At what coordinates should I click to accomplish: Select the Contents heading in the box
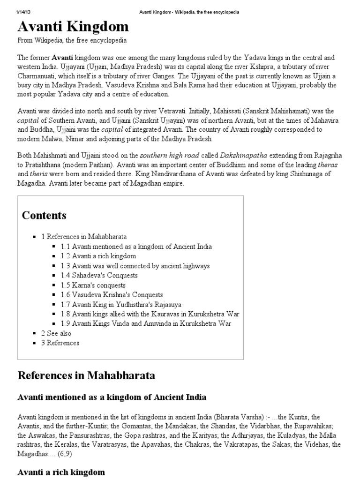coord(44,216)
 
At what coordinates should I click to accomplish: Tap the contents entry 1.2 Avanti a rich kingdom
coord(98,256)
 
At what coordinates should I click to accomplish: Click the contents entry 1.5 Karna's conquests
coord(93,285)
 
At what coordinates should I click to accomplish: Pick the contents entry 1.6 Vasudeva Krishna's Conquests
coord(112,295)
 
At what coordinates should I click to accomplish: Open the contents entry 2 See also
coord(57,333)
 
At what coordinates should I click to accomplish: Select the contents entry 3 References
coord(60,343)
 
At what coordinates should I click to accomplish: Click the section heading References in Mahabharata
coord(86,375)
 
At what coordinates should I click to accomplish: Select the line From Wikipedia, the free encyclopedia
coord(72,41)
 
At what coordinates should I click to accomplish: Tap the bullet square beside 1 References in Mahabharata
coord(35,237)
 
